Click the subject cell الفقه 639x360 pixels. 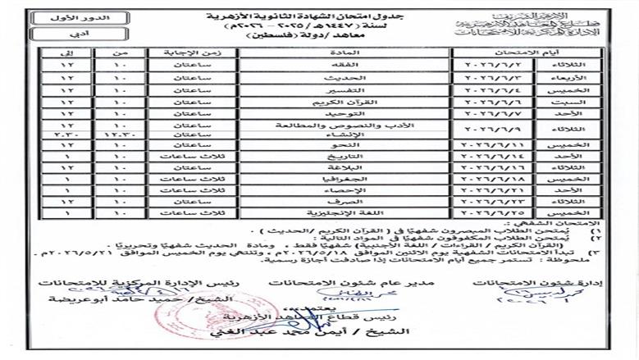point(345,62)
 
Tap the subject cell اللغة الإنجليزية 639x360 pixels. point(345,212)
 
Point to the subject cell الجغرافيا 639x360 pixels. point(345,175)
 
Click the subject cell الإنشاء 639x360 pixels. point(345,134)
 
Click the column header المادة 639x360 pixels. point(345,50)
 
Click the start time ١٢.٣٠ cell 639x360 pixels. point(118,134)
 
